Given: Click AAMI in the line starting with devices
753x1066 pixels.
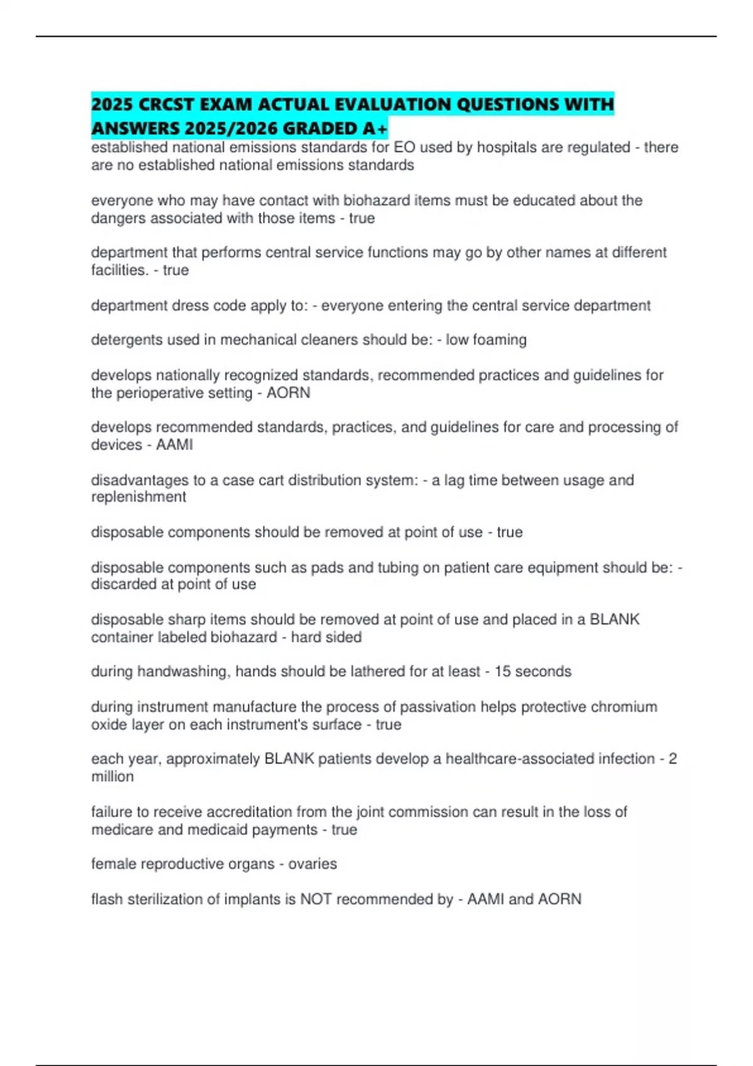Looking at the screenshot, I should coord(174,445).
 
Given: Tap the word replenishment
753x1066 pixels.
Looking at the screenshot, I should coord(139,497).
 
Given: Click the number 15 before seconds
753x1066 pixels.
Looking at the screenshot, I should coord(503,672).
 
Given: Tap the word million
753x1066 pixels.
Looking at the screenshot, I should coord(112,777).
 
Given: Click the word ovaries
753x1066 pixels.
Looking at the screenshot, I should coord(312,864).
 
